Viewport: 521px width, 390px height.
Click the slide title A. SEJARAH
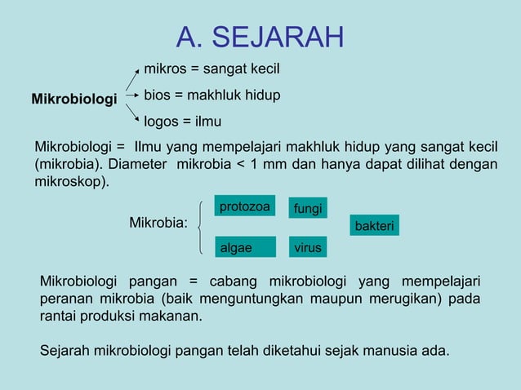click(260, 37)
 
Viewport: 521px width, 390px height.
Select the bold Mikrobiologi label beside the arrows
click(74, 100)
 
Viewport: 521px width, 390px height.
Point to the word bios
click(158, 95)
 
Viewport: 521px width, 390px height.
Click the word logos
click(162, 122)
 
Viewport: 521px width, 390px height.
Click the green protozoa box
click(245, 206)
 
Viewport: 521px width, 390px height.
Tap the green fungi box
click(308, 210)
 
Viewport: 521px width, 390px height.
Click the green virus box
click(308, 246)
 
